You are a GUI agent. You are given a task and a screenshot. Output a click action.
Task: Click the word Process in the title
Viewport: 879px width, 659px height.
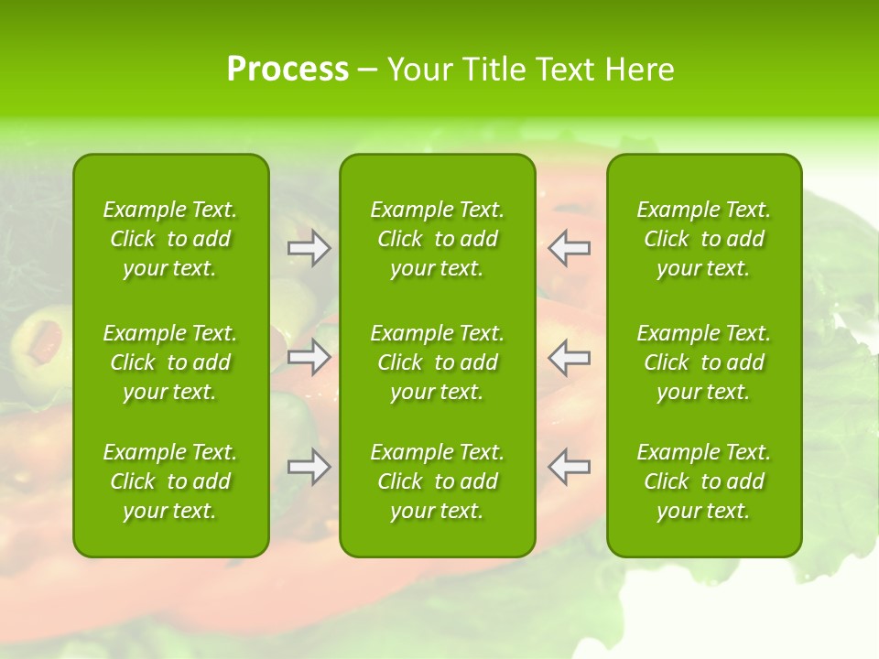[288, 70]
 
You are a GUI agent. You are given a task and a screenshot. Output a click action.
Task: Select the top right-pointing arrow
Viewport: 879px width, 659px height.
[309, 248]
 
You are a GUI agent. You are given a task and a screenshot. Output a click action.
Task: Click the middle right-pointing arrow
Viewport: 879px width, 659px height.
[309, 357]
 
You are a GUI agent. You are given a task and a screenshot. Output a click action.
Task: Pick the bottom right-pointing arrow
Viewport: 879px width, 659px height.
[309, 467]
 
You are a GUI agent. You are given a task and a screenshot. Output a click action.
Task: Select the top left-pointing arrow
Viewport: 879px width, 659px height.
[569, 248]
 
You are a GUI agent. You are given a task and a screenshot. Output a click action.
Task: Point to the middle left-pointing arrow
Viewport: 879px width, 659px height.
[569, 357]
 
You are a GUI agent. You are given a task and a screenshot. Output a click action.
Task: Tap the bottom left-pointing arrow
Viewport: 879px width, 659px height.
[569, 467]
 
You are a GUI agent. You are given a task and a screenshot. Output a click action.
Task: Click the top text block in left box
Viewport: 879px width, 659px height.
[170, 239]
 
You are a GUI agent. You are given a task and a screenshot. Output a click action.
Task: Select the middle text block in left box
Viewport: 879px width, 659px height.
[170, 362]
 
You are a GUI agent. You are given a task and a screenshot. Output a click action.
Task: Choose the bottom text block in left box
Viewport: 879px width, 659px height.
[170, 481]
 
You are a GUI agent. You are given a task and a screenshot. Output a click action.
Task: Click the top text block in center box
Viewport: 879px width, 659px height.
[437, 239]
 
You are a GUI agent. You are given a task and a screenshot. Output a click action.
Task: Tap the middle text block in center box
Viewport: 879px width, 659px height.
[437, 362]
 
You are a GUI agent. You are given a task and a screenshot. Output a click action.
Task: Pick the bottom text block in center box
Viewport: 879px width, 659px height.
[437, 481]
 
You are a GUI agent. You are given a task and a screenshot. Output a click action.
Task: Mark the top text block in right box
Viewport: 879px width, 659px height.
[703, 239]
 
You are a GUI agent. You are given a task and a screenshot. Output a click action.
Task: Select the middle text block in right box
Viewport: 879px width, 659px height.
[703, 362]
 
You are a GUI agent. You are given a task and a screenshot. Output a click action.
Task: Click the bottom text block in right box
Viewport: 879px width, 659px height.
[703, 481]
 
